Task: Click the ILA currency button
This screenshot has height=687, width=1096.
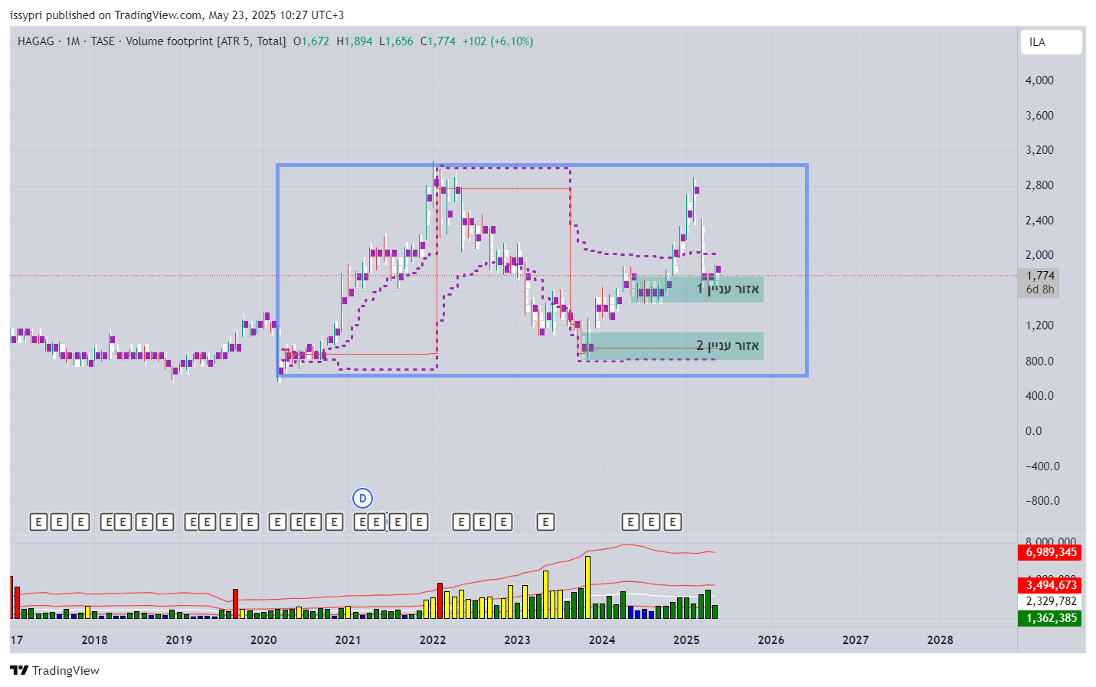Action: click(1050, 42)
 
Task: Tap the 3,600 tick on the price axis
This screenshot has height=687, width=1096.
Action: click(1039, 116)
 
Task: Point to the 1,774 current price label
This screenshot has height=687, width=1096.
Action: click(1040, 276)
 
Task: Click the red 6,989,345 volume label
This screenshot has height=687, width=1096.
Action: click(1050, 552)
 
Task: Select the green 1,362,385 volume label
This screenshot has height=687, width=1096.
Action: click(1050, 618)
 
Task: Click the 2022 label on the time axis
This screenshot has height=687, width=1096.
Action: click(433, 640)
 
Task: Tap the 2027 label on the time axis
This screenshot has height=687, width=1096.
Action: click(856, 640)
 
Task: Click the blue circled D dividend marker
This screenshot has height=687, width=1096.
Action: click(362, 499)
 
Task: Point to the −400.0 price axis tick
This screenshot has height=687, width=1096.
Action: click(1042, 466)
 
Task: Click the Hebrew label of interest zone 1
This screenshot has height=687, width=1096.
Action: click(728, 289)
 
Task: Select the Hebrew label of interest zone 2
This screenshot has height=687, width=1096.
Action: click(728, 346)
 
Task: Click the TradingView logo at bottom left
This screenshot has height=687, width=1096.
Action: click(54, 670)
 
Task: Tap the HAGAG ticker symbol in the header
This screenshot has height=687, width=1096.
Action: click(36, 41)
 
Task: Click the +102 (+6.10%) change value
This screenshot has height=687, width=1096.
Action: click(497, 41)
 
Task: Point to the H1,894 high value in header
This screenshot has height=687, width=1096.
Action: click(355, 41)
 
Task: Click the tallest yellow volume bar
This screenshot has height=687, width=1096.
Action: click(587, 587)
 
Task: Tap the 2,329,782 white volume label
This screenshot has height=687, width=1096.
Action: click(1050, 601)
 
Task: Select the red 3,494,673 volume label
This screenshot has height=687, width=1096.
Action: click(1050, 585)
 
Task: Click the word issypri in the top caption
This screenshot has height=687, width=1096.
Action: click(26, 15)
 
